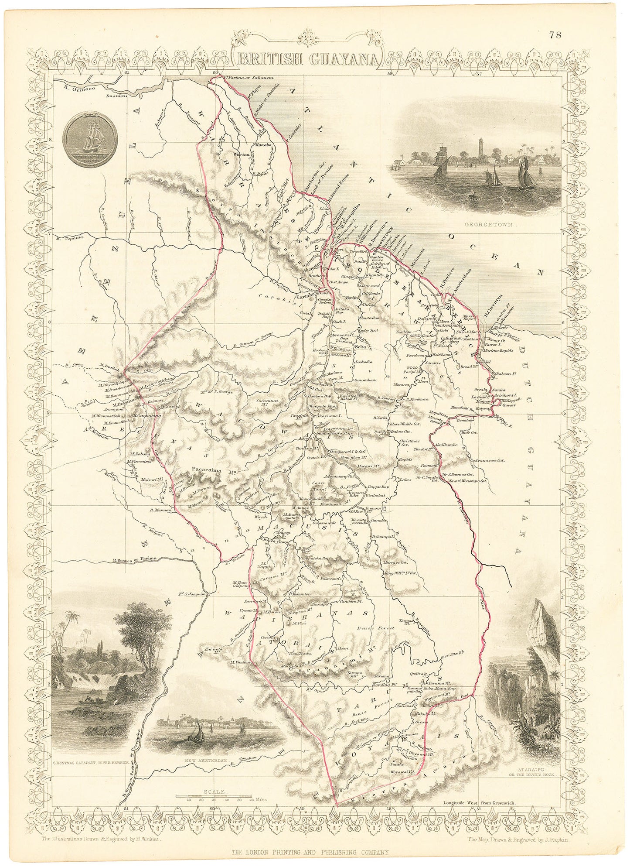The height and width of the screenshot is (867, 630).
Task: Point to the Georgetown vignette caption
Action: pos(490,226)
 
